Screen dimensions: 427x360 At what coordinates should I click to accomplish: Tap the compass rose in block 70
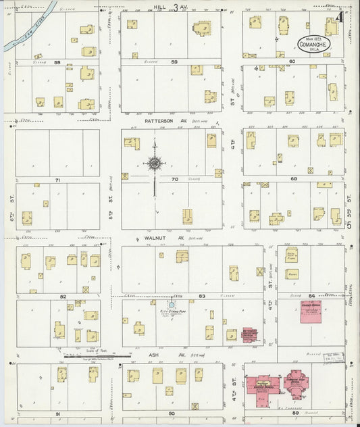tap(155, 163)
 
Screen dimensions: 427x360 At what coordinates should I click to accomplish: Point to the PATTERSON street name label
tap(157, 120)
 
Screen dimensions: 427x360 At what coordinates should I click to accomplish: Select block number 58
tap(58, 62)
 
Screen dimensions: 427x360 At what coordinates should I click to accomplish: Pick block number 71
tap(58, 180)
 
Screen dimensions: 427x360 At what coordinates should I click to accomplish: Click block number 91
tap(58, 413)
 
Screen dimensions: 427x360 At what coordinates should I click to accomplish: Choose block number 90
tap(172, 413)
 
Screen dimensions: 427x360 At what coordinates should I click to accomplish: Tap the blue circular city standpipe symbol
tap(171, 303)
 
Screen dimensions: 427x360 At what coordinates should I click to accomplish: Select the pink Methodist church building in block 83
tap(249, 334)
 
